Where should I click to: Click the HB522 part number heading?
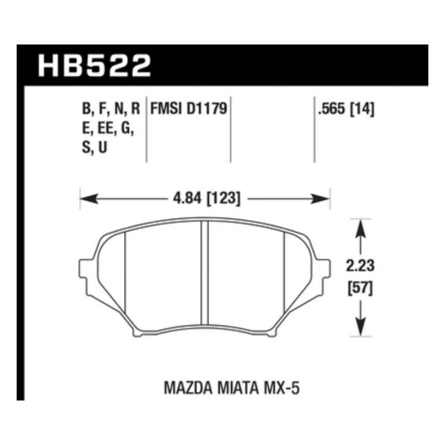pos(94,66)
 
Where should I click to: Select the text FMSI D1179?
pos(189,109)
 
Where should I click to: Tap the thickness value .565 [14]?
pos(346,109)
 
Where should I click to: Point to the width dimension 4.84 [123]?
pos(207,198)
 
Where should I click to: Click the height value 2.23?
pos(360,266)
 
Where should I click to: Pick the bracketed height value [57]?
pos(360,289)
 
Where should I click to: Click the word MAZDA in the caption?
pos(188,388)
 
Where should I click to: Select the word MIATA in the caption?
pos(238,388)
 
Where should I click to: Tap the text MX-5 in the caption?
pos(282,388)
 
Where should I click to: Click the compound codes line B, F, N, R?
pos(111,109)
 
